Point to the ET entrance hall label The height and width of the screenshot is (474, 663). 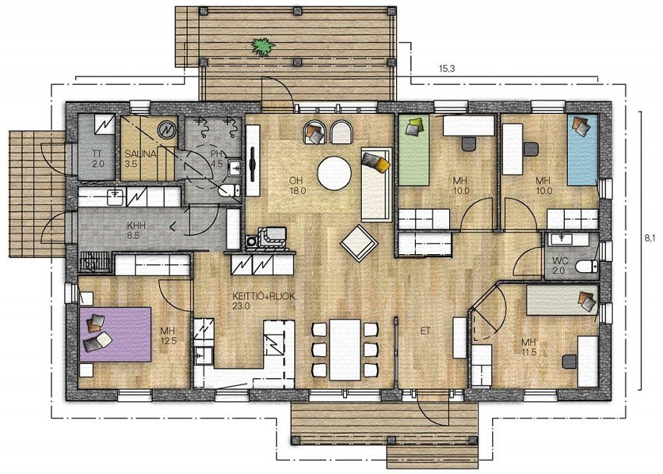tap(425, 331)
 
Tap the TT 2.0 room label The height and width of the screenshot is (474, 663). tap(97, 159)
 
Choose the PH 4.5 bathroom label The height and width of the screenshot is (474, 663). tap(218, 159)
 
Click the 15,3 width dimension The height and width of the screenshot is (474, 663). tap(446, 70)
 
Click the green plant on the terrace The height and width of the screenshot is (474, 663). tap(263, 48)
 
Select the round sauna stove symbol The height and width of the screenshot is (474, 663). tap(165, 129)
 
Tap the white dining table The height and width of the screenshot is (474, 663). tap(346, 348)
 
